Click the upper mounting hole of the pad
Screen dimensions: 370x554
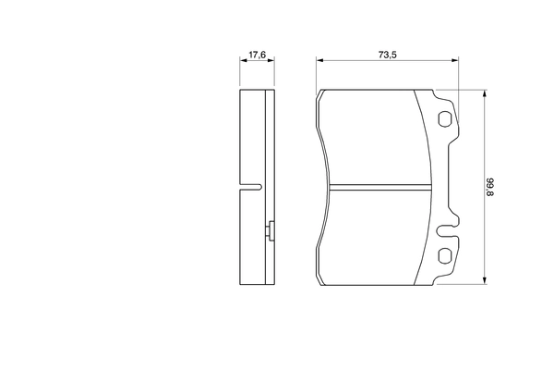pyautogui.click(x=444, y=119)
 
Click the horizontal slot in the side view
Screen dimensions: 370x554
pyautogui.click(x=249, y=187)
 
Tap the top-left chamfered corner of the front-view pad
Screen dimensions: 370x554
pyautogui.click(x=321, y=95)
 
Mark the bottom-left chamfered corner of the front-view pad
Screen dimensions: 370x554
pyautogui.click(x=321, y=278)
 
